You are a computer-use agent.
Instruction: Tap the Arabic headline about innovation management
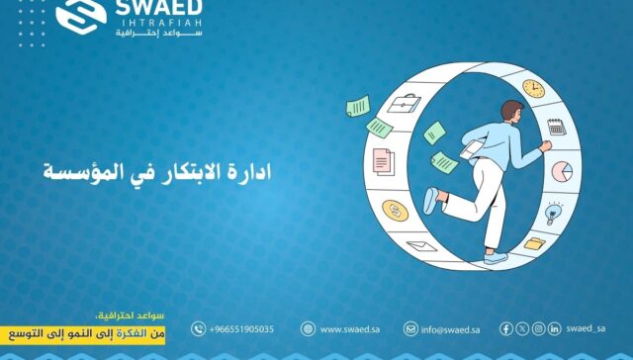(x=156, y=170)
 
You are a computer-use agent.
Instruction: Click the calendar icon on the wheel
(x=556, y=127)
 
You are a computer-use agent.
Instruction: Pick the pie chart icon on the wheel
(x=562, y=171)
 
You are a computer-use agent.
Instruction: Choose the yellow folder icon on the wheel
(x=534, y=242)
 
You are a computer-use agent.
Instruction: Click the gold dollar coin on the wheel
(x=396, y=211)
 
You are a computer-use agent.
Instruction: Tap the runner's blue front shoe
(x=430, y=201)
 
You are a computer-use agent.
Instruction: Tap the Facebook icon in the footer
(x=506, y=328)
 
